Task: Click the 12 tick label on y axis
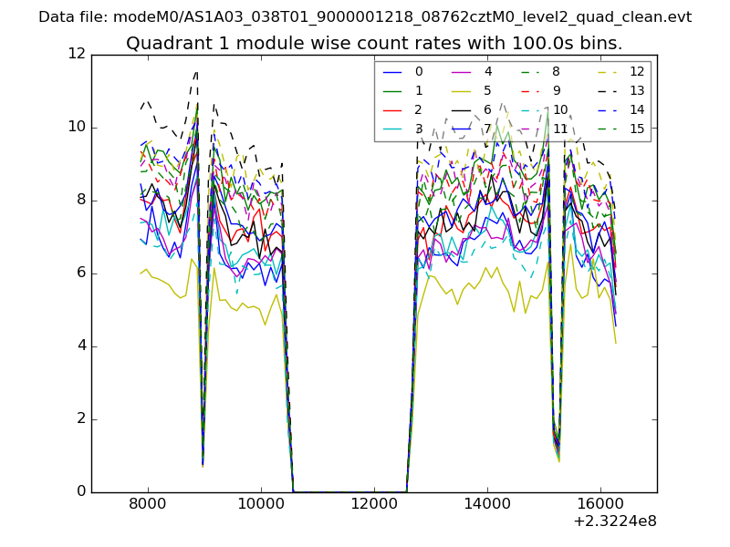pos(77,55)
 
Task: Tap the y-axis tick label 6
pos(80,273)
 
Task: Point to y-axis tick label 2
pos(80,419)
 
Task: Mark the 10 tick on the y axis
pos(77,128)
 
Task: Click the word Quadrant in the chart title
pos(162,43)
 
